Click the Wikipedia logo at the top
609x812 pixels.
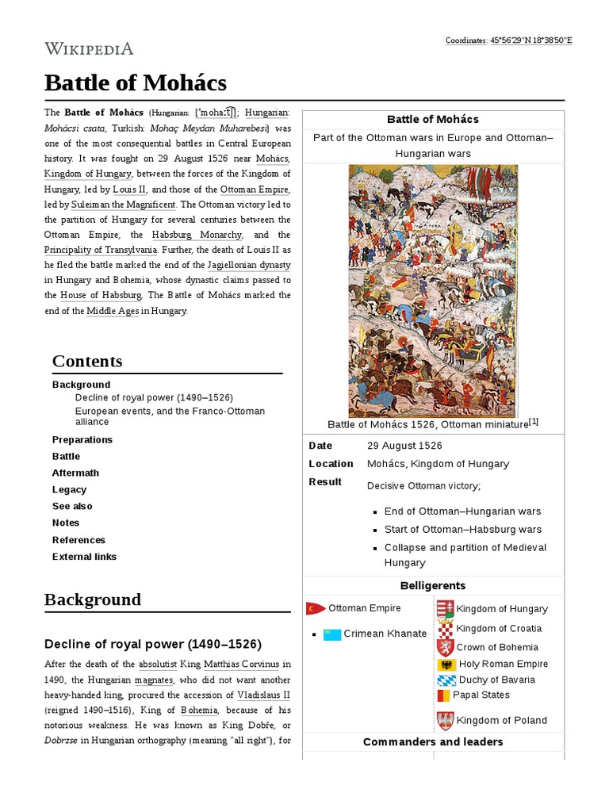(x=89, y=48)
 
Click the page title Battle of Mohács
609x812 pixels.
(x=136, y=82)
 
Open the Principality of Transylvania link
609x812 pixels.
(x=100, y=250)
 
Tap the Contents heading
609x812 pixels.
(x=87, y=361)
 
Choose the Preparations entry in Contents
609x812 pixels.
(x=82, y=439)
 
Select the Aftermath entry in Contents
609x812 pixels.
(x=75, y=473)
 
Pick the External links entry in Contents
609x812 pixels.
(x=84, y=557)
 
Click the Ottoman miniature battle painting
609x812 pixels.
(x=433, y=290)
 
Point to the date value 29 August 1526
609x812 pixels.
(x=404, y=446)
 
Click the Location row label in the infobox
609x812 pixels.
(x=331, y=464)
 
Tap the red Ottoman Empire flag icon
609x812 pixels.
(x=316, y=608)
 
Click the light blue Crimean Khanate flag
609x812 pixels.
(x=332, y=634)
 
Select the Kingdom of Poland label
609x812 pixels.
(x=502, y=720)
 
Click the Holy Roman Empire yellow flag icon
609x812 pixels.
(x=446, y=665)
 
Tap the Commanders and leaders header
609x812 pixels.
(x=433, y=741)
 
